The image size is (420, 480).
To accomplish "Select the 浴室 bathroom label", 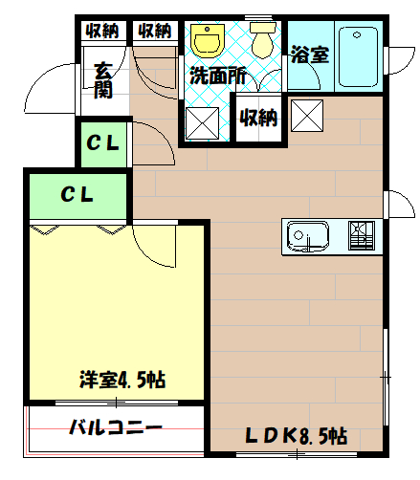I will pyautogui.click(x=310, y=55).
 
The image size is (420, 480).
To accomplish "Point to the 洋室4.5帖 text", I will pyautogui.click(x=122, y=380).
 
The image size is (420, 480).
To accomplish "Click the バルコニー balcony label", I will pyautogui.click(x=116, y=427).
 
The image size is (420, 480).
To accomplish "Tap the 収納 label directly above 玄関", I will pyautogui.click(x=102, y=31).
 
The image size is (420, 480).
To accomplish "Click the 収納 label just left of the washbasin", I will pyautogui.click(x=154, y=31).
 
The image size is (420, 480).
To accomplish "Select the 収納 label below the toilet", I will pyautogui.click(x=257, y=119).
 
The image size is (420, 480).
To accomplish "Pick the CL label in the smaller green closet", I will pyautogui.click(x=103, y=144).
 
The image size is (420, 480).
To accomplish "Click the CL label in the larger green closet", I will pyautogui.click(x=77, y=195).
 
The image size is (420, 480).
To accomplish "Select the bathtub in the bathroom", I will pyautogui.click(x=360, y=57).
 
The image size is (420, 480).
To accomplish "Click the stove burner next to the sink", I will pyautogui.click(x=361, y=236).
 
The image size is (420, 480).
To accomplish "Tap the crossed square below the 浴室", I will pyautogui.click(x=308, y=116).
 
